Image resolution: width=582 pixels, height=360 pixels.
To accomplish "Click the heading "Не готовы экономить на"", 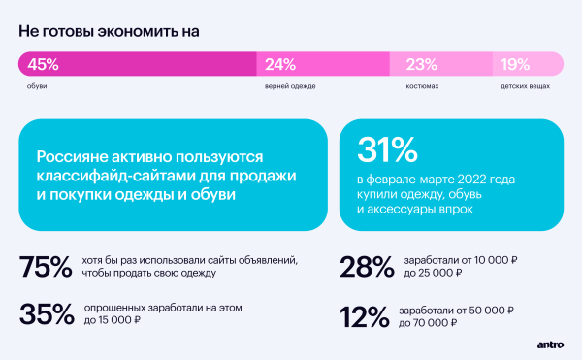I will pos(108,30).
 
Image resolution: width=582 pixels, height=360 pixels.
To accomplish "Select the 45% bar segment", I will pos(136,65).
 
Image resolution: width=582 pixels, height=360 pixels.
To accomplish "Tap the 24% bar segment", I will pos(322,65).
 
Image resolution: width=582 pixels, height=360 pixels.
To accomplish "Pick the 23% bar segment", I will pos(440,65).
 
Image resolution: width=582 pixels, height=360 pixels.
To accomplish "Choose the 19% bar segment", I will pos(529,65).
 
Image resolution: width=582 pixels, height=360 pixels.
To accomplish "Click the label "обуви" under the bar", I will pos(37,86).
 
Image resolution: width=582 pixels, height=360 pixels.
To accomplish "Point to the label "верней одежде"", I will pos(290,86).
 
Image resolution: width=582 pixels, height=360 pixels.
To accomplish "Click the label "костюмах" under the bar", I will pos(422,86).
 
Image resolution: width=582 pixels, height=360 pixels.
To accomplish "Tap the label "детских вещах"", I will pos(525,86).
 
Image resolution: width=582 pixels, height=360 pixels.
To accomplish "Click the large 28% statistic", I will pos(368,267).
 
